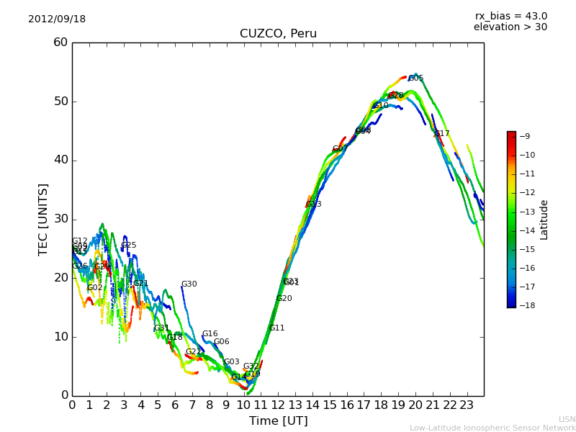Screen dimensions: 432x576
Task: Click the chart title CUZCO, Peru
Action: pos(278,34)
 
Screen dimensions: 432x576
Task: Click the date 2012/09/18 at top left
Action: pos(57,19)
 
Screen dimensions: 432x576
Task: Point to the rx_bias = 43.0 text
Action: pos(510,16)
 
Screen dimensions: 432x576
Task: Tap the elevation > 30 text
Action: pos(510,27)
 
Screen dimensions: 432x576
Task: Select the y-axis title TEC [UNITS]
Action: pos(43,219)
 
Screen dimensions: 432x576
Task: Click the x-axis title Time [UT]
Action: pos(278,421)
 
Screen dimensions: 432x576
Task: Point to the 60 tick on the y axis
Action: pos(60,42)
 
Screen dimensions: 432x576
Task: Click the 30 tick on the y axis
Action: pos(60,219)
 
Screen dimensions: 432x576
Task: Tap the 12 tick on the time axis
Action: pos(278,405)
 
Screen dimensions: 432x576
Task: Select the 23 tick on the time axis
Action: pos(467,405)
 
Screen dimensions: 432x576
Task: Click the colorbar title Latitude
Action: pos(544,219)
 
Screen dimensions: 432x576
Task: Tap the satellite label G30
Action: pos(189,284)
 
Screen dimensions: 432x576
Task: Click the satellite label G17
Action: pos(441,134)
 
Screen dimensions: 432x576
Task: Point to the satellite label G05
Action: pos(415,78)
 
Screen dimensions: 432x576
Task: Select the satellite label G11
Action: pos(276,328)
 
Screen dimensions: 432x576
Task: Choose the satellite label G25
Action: pos(128,246)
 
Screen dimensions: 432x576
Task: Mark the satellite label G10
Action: pos(380,106)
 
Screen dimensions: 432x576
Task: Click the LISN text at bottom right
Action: pos(567,419)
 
